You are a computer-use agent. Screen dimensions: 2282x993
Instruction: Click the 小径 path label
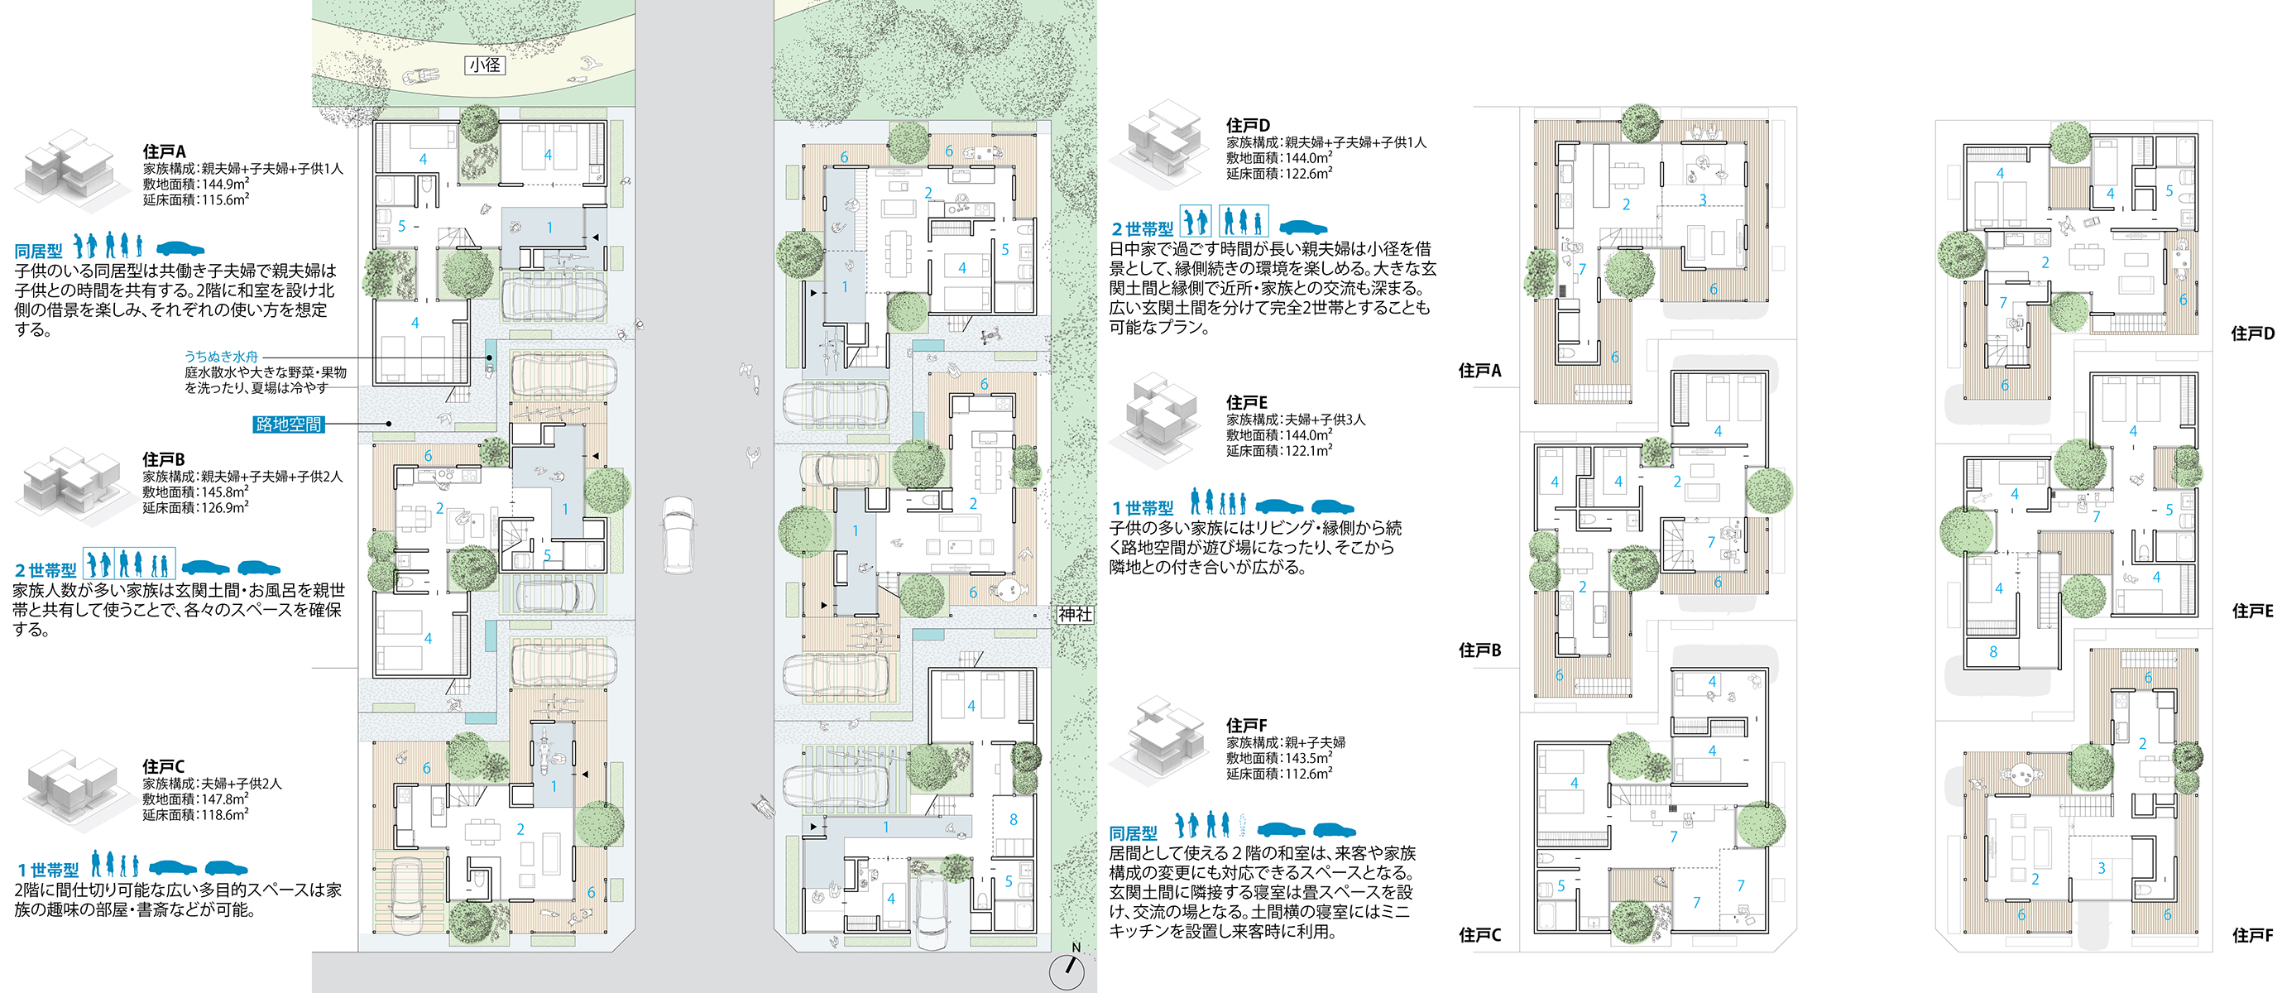(485, 65)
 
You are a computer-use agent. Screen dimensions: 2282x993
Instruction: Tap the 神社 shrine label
(1075, 614)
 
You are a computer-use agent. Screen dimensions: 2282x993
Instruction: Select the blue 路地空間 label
(289, 425)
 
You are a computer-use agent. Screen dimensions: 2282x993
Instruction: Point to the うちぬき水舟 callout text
(222, 356)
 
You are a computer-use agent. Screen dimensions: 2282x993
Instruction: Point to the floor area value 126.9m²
(225, 507)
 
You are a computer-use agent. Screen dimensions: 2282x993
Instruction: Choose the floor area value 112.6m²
(1308, 775)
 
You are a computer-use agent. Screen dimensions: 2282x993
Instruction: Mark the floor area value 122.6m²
(1308, 174)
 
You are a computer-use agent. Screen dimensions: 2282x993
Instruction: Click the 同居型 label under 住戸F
(1133, 833)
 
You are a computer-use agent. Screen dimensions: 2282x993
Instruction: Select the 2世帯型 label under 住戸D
(1142, 228)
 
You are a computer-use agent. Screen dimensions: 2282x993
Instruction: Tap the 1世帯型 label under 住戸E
(1142, 508)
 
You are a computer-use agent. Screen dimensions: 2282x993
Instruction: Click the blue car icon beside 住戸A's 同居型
(180, 248)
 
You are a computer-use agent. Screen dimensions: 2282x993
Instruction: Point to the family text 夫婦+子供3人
(1326, 420)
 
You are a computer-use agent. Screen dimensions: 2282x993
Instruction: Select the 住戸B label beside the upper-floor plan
(1479, 650)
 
